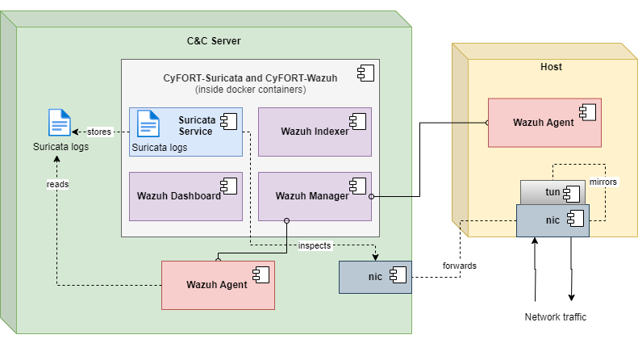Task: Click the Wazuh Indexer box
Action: [315, 132]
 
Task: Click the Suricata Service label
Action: [196, 126]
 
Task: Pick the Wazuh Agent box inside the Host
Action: [544, 123]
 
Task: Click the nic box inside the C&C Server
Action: [375, 277]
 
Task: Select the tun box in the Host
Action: [553, 192]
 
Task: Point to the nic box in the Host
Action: [553, 220]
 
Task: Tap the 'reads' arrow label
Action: [56, 184]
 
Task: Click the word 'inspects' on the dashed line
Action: [314, 245]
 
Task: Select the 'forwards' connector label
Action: [459, 265]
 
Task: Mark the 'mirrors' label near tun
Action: [603, 182]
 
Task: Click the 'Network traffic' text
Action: [555, 317]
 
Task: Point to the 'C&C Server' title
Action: [213, 41]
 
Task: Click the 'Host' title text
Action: [551, 67]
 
